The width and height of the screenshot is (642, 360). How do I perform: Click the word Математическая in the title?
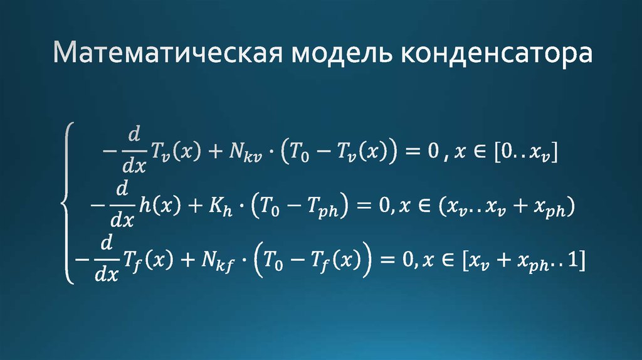(164, 56)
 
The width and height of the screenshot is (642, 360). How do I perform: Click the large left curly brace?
(68, 203)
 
